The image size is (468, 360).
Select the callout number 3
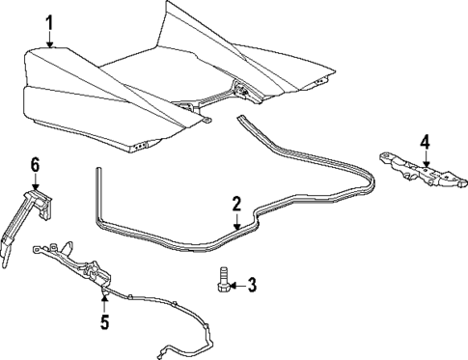pyautogui.click(x=251, y=286)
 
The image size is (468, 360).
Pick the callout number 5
pyautogui.click(x=105, y=319)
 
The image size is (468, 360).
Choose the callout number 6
pyautogui.click(x=36, y=165)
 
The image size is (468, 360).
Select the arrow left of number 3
pyautogui.click(x=234, y=286)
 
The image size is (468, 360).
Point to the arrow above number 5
pyautogui.click(x=105, y=302)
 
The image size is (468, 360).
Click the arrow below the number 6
pyautogui.click(x=36, y=182)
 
